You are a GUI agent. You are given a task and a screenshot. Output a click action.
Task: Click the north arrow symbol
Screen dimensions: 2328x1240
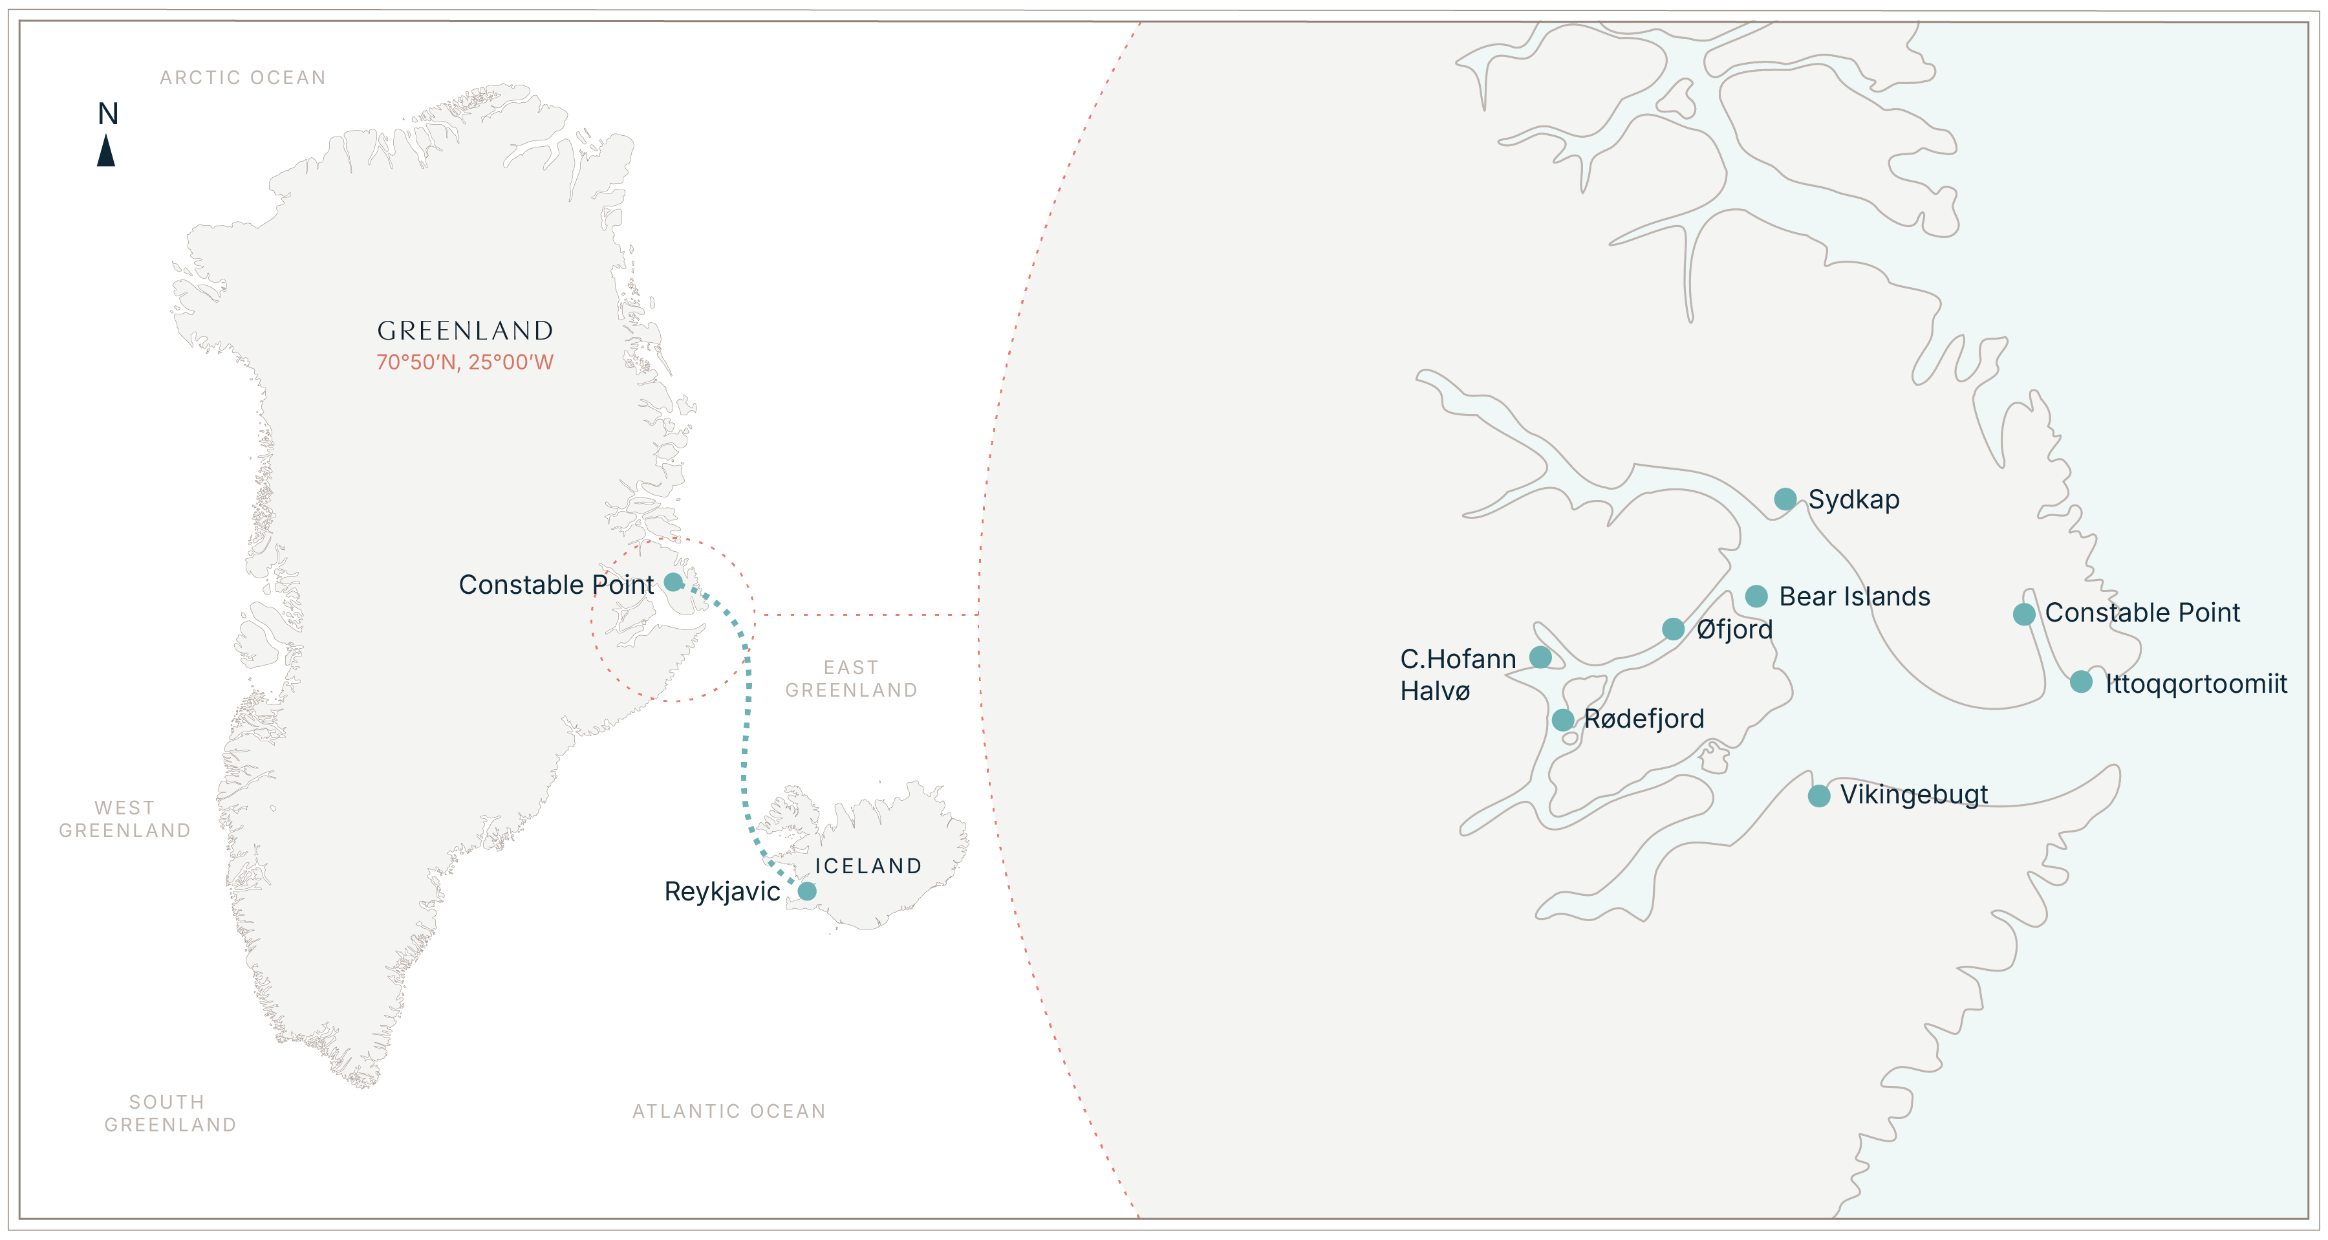(x=106, y=150)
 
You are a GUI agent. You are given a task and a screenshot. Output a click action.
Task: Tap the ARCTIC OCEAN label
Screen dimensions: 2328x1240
(x=242, y=78)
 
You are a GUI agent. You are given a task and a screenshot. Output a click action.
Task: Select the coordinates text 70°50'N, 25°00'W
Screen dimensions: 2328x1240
(x=464, y=362)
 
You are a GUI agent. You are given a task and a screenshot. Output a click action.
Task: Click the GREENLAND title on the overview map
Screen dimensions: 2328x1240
(x=464, y=330)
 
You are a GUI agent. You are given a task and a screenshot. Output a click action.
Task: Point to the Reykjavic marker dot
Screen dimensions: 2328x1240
(x=807, y=891)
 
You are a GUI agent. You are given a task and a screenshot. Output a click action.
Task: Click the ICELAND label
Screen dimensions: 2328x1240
(x=868, y=866)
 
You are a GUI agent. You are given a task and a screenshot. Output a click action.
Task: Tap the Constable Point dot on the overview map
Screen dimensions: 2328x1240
(x=673, y=581)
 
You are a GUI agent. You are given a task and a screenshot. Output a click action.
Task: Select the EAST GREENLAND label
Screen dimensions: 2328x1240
(x=851, y=679)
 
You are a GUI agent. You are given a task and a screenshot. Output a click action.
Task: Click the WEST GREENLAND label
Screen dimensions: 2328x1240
(x=125, y=819)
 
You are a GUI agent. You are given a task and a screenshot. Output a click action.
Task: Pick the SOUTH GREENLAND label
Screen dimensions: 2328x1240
(x=170, y=1113)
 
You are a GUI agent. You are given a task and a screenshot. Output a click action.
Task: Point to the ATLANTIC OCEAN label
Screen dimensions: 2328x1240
(x=728, y=1111)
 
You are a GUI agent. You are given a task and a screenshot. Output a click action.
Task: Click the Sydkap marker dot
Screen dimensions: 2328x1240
(x=1785, y=499)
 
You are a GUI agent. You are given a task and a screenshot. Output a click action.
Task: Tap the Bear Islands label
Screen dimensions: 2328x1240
(x=1855, y=596)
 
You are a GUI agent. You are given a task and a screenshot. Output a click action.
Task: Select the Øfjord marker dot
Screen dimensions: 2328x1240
(x=1673, y=628)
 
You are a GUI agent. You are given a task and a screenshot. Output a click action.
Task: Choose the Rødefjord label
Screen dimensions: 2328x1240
(x=1644, y=719)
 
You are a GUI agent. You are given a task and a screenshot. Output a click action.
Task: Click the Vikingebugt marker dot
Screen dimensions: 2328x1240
(x=1819, y=796)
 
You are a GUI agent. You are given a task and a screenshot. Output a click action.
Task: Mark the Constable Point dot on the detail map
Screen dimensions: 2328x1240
(x=2024, y=615)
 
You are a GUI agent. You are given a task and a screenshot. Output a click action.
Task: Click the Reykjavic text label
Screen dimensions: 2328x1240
(x=722, y=891)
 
